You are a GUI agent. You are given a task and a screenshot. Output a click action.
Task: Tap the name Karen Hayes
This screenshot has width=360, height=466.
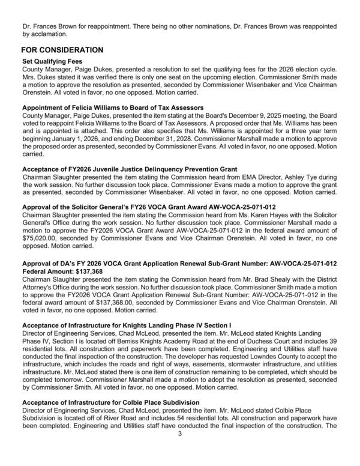tap(274, 216)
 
